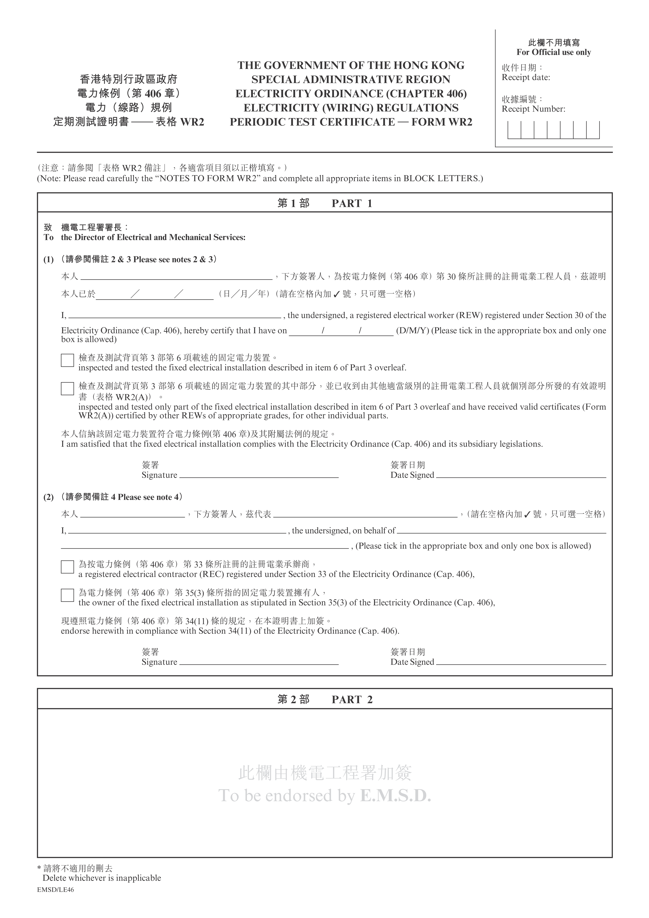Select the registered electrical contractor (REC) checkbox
point(67,567)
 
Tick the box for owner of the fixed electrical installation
point(67,595)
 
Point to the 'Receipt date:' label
point(526,78)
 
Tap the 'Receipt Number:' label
point(533,109)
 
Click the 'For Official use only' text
point(553,52)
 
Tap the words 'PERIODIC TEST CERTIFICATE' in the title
point(312,122)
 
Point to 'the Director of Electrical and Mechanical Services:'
point(153,237)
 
